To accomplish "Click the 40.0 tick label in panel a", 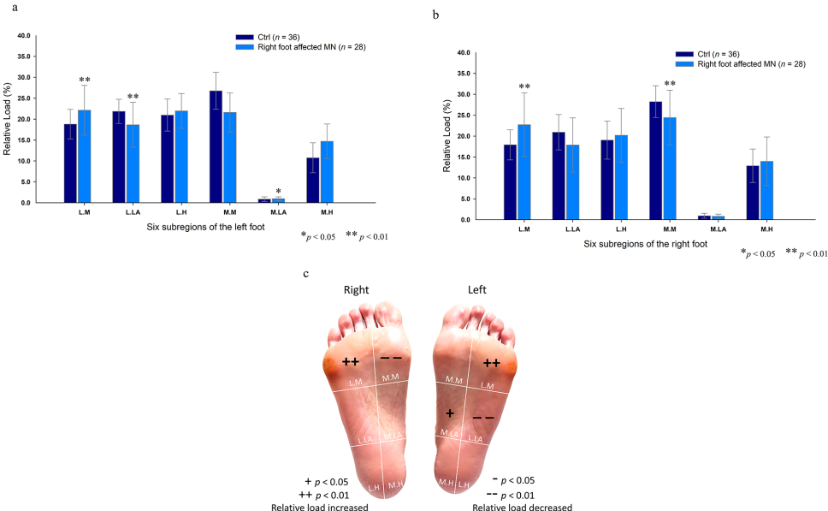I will (x=23, y=36).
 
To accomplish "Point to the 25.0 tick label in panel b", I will (x=463, y=116).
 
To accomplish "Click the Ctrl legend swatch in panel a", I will (x=243, y=38).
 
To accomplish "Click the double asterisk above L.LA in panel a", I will (x=133, y=97).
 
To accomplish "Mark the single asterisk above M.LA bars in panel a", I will (x=278, y=192).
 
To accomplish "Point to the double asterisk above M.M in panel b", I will (x=670, y=85).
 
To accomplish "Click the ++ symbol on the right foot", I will (x=350, y=362).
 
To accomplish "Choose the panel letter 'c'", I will (x=307, y=274).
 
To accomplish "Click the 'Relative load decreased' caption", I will (x=522, y=506).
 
